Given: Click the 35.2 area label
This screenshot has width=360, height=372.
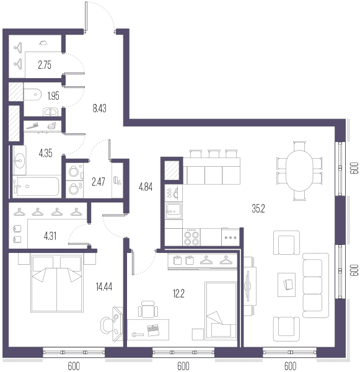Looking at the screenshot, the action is [258, 208].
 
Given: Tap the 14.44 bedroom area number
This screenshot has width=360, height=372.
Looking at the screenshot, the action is [104, 286].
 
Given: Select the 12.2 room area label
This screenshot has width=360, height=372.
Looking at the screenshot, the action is [178, 293].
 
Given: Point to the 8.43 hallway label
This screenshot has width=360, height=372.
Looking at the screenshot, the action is [99, 108].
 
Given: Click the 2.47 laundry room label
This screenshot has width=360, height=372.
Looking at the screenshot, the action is [98, 182].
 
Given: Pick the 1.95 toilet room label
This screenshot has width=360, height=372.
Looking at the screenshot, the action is [53, 96].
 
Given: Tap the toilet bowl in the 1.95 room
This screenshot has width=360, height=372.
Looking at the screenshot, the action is [32, 94].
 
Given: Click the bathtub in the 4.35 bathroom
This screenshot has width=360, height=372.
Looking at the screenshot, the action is [36, 186].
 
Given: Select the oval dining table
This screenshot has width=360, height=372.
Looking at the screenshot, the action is [299, 170].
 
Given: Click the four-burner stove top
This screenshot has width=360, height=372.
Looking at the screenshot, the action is [191, 237].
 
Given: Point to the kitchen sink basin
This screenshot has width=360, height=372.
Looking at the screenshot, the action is [173, 211].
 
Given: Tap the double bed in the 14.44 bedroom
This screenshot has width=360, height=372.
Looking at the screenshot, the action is [57, 283].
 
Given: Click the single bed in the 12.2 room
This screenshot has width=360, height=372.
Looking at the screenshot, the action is [221, 311].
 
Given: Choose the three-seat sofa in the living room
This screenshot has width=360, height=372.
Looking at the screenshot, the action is [315, 285].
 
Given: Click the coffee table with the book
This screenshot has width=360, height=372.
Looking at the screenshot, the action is [287, 285].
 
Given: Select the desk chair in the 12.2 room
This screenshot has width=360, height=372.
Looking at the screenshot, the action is [148, 309].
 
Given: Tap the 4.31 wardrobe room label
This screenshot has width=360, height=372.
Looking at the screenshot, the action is [50, 236].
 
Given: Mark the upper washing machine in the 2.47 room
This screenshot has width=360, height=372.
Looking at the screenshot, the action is [74, 171].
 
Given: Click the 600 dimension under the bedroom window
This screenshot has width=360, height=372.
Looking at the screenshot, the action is [74, 366].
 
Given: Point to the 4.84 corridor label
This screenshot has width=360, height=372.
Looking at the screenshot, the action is [146, 187].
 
